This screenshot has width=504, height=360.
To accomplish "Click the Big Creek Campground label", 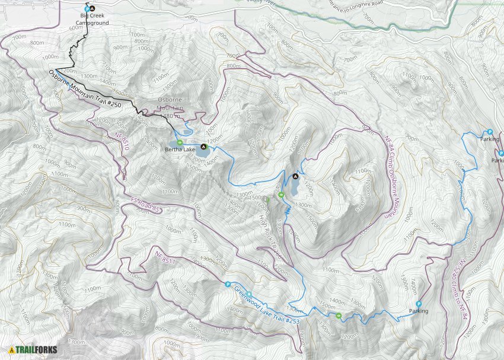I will [95, 20].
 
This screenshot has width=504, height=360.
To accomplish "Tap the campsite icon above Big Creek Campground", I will [92, 8].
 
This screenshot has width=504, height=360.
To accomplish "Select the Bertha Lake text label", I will [180, 149].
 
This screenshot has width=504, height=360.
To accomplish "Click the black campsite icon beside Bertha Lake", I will [204, 146].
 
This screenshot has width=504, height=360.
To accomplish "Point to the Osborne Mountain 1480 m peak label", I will [171, 108].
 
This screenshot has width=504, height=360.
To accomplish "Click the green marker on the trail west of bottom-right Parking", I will [339, 316].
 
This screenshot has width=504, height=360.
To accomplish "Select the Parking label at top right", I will [490, 139].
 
